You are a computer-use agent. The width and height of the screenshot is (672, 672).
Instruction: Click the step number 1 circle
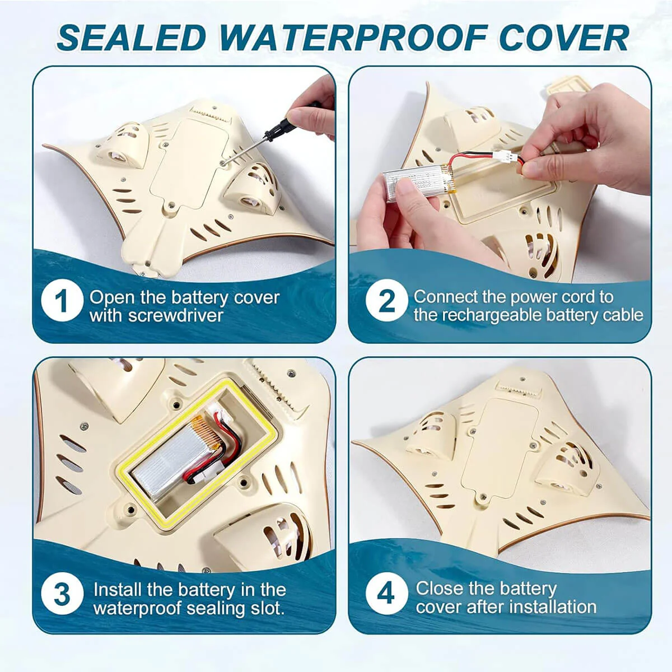click(x=62, y=300)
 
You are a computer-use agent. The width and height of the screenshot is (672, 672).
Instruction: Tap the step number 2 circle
click(x=387, y=300)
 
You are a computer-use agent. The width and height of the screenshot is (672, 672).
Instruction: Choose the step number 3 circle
click(x=62, y=594)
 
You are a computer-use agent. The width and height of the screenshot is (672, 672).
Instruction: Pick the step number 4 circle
click(x=387, y=594)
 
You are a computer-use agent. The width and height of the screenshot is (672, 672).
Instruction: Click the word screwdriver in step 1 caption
click(x=176, y=316)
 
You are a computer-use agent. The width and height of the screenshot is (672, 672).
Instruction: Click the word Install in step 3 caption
click(x=117, y=590)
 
